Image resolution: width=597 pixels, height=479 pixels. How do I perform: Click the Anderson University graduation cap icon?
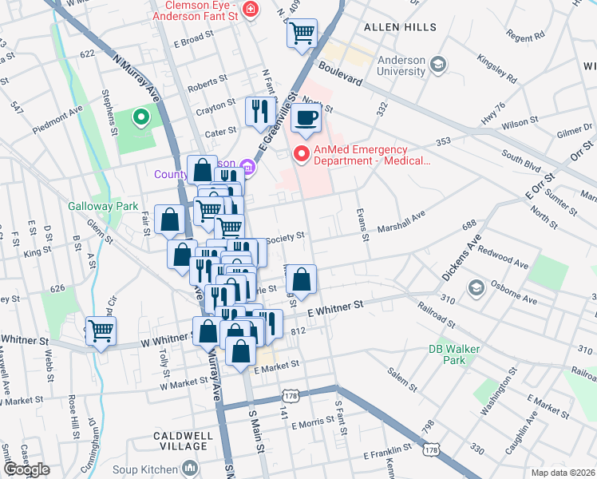tap(437, 63)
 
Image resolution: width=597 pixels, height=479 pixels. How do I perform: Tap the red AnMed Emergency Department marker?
tap(302, 155)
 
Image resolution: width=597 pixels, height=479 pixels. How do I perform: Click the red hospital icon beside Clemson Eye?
tap(251, 9)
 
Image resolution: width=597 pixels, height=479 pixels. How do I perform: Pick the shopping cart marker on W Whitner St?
tap(101, 330)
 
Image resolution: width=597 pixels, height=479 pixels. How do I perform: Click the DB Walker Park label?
tap(447, 354)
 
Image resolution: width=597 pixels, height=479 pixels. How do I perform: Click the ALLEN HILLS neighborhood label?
tap(400, 27)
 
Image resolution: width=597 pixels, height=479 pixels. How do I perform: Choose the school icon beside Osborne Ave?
tap(476, 287)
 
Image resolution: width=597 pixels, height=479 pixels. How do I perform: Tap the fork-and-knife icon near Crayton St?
tap(259, 111)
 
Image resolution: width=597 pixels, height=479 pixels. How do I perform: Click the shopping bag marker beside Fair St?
tap(170, 220)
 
